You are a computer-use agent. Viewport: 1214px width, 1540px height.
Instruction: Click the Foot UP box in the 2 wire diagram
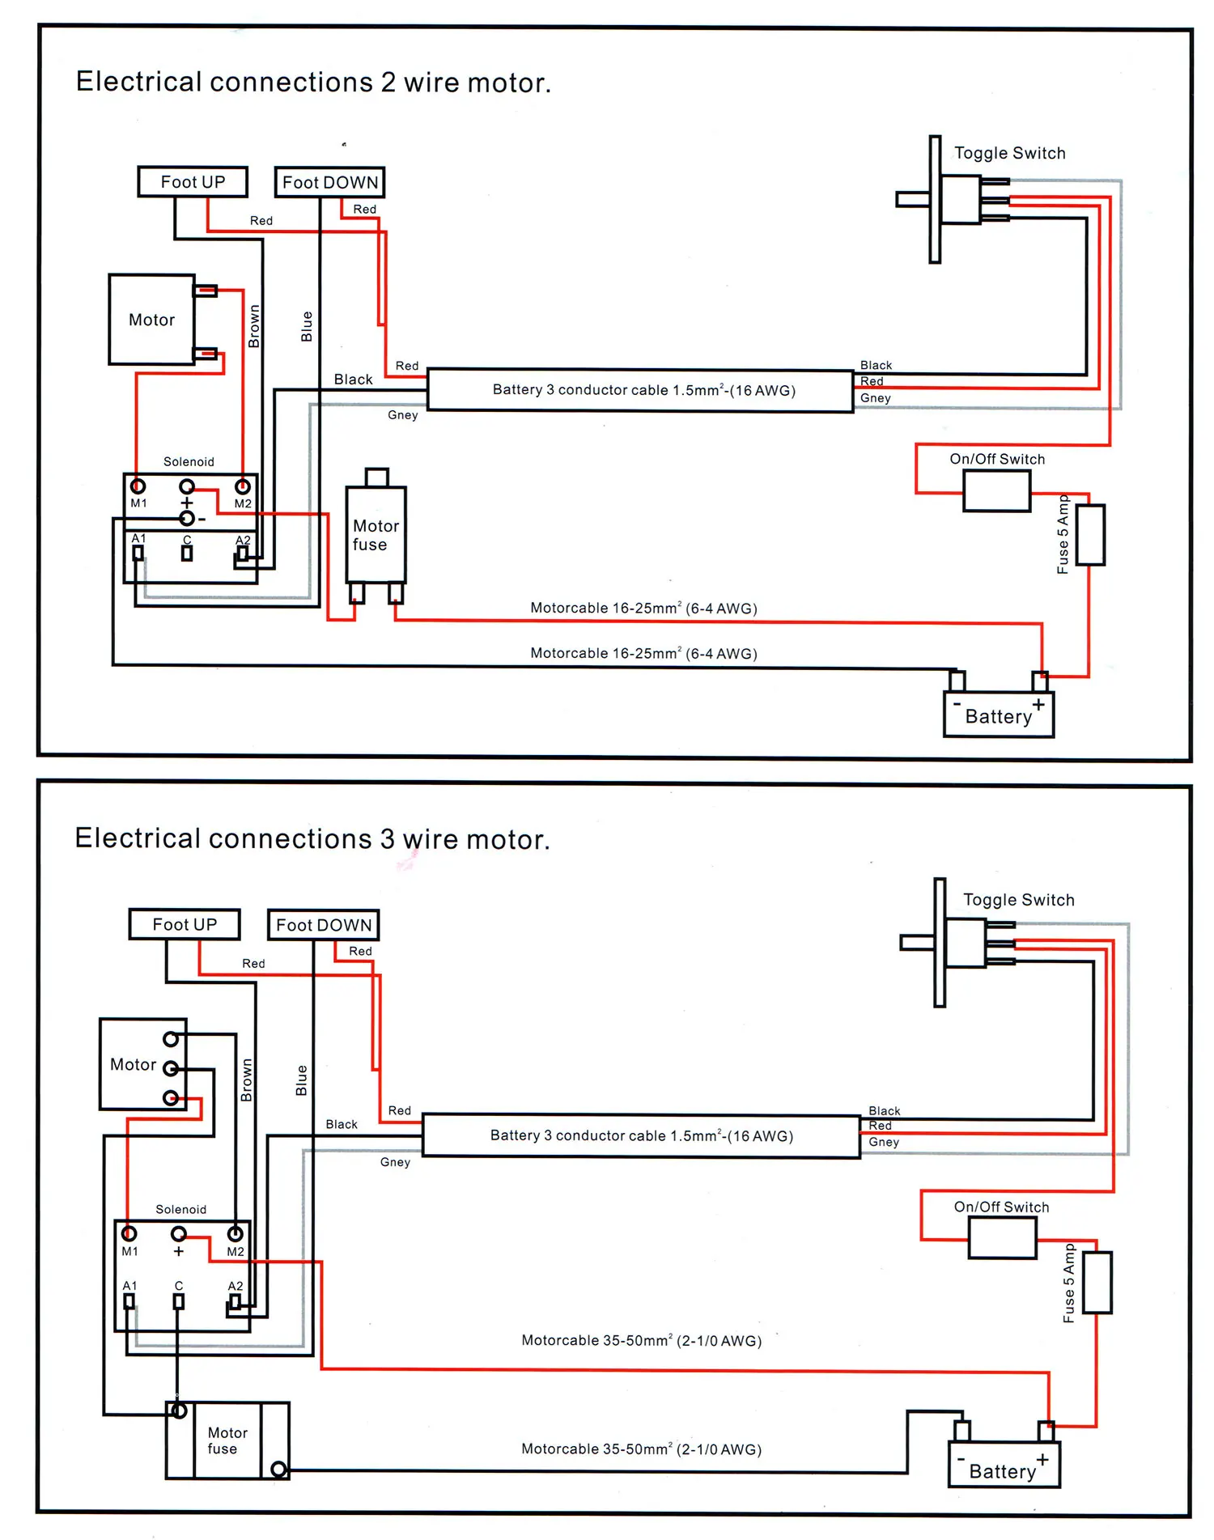(193, 181)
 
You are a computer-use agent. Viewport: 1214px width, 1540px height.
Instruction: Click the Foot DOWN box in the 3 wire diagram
(323, 924)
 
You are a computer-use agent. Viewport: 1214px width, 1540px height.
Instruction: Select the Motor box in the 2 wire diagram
(151, 320)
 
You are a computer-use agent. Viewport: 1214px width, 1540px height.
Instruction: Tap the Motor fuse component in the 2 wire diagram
(376, 535)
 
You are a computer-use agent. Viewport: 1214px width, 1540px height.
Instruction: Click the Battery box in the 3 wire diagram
(1004, 1466)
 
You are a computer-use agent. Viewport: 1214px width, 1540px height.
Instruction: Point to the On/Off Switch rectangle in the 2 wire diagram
(996, 490)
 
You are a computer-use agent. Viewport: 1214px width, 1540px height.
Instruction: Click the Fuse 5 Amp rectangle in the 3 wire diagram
(1097, 1282)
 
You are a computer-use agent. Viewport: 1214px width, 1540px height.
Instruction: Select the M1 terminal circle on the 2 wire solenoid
(138, 486)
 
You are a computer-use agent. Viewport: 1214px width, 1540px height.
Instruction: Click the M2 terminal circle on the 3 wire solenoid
(236, 1234)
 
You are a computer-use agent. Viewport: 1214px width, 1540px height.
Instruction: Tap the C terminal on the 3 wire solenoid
(179, 1301)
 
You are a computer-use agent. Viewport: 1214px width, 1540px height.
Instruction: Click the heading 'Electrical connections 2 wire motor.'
(313, 83)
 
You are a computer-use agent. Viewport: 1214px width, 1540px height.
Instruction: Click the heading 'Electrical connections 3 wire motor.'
(312, 839)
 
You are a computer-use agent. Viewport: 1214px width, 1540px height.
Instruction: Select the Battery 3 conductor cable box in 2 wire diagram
(640, 391)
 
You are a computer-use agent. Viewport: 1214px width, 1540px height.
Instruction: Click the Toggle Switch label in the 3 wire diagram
(1018, 900)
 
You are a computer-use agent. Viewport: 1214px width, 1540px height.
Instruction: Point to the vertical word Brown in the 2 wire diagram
(254, 326)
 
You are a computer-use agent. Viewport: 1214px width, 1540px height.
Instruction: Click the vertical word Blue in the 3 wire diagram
(302, 1080)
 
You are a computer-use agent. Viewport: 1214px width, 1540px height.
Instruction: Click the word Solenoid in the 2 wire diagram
(189, 462)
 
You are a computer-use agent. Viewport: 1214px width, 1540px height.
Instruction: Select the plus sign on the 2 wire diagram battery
(1038, 705)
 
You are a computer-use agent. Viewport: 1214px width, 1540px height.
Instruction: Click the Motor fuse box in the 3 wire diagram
(227, 1440)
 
